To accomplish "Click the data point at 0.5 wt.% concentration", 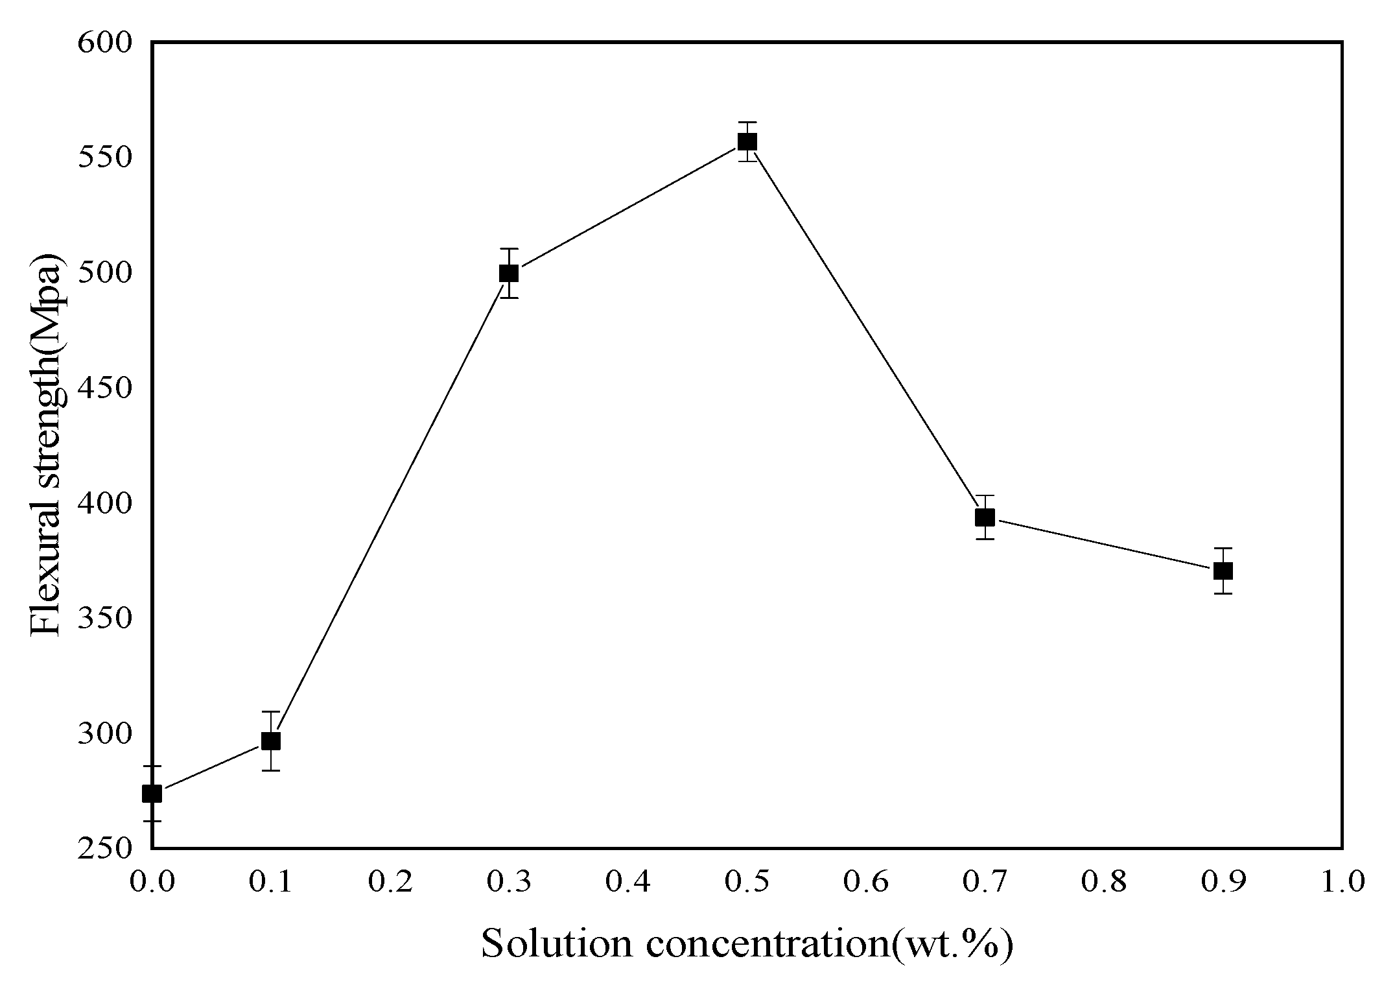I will click(x=747, y=141).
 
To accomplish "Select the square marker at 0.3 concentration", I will click(x=510, y=273).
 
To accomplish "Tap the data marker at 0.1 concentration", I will click(x=271, y=741).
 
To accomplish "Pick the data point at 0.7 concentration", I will click(x=985, y=517).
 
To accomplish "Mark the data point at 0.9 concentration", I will click(x=1223, y=571).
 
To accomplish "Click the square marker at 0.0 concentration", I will click(x=152, y=793).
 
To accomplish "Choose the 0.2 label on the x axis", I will click(x=390, y=883).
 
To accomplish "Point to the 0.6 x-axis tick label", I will click(x=866, y=883).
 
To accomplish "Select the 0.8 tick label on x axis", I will click(x=1104, y=883).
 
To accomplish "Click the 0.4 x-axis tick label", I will click(x=628, y=883).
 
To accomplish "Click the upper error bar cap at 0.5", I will click(x=747, y=122).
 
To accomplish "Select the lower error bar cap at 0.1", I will click(x=271, y=770).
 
